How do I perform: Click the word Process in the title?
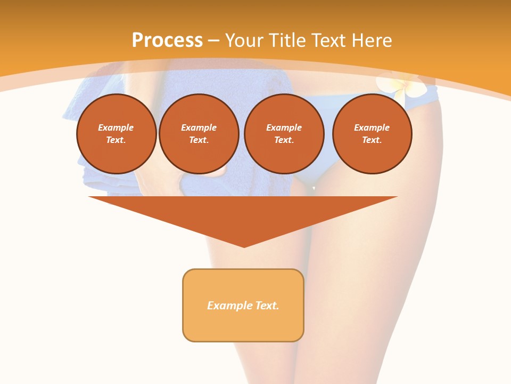point(167,40)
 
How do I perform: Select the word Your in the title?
point(244,41)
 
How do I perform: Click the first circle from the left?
point(116,133)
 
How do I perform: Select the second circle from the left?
point(199,133)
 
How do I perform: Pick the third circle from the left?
point(284,133)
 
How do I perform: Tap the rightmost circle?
point(372,133)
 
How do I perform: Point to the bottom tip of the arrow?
point(244,246)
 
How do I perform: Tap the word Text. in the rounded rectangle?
point(267,306)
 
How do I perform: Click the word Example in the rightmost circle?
point(372,127)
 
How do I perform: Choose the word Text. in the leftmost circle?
point(116,140)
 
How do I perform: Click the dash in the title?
point(214,41)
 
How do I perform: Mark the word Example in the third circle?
point(284,127)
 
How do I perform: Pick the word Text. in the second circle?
point(199,140)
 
